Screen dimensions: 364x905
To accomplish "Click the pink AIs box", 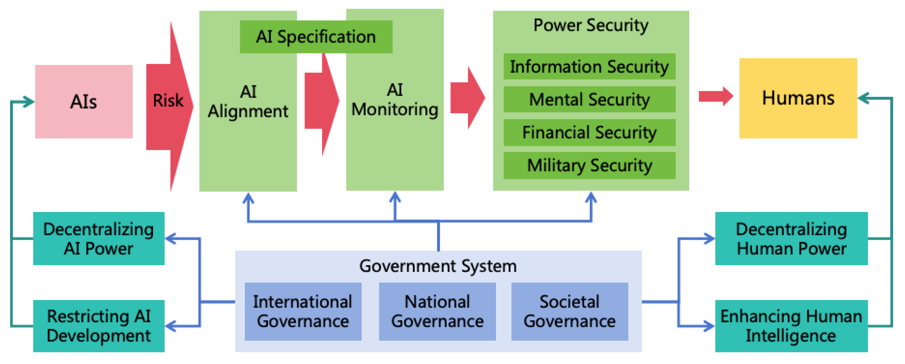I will click(84, 102).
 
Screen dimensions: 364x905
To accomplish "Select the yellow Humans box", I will click(798, 98).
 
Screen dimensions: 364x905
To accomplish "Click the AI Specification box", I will click(316, 37).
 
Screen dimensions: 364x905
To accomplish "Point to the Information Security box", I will click(589, 66).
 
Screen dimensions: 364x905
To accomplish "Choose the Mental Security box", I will click(589, 99).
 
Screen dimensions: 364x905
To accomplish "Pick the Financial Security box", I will click(589, 132).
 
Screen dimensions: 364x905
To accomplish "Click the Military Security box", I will click(589, 165).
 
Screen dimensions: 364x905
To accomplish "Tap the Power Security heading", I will click(591, 25).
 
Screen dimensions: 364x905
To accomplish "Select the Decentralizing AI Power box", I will click(99, 238).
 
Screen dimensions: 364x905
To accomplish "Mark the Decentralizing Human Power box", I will click(791, 238).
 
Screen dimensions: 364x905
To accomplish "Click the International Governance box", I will click(303, 311).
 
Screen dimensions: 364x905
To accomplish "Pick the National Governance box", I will click(437, 311).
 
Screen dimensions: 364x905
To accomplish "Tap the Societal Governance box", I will click(569, 311).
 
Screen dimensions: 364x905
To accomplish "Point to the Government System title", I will click(438, 266).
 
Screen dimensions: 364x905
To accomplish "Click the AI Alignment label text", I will click(248, 102).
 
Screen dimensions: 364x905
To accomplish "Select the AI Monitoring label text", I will click(395, 100).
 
